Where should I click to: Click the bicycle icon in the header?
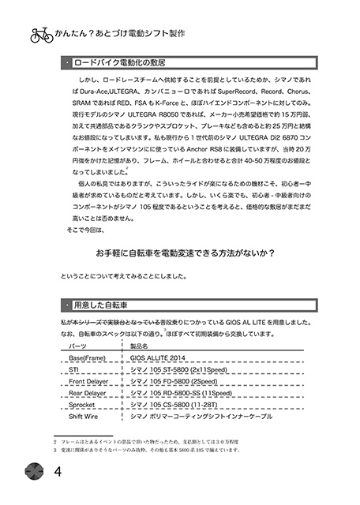point(41,35)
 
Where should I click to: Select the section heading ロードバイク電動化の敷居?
point(122,61)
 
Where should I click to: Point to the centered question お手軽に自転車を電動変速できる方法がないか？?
point(183,253)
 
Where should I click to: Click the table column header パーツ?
point(78,346)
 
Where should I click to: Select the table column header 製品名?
point(139,346)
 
